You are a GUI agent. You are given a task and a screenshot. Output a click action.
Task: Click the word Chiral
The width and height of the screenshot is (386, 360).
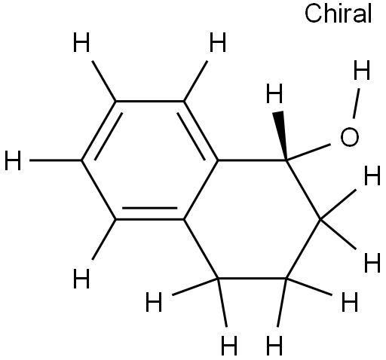[338, 14]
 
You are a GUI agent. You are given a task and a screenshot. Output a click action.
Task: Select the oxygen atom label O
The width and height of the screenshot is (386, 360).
[350, 137]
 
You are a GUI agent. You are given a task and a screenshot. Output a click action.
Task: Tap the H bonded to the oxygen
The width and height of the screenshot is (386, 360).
[362, 70]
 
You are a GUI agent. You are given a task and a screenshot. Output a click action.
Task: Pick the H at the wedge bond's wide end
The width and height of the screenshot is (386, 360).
[274, 93]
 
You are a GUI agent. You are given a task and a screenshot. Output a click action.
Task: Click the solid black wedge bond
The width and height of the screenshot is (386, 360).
[281, 136]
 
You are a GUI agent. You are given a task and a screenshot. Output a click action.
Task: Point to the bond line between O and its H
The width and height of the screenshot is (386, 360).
[357, 103]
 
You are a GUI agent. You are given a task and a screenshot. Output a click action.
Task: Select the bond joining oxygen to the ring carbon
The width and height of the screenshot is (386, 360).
[308, 152]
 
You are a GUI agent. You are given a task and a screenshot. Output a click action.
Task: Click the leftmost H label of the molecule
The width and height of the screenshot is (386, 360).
[13, 160]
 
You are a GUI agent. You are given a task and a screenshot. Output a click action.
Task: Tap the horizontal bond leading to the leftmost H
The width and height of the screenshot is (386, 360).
[56, 160]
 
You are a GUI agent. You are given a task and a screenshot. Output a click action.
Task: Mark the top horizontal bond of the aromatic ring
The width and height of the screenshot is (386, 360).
[150, 102]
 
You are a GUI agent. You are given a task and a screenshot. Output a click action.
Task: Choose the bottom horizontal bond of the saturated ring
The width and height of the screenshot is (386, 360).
[253, 278]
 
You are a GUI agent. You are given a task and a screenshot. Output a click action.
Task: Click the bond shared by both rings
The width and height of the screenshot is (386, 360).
[201, 190]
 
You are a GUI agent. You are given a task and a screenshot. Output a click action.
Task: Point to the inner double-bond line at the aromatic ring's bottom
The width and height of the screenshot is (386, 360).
[150, 208]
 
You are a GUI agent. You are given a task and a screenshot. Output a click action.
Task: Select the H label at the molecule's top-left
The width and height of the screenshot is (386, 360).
[81, 42]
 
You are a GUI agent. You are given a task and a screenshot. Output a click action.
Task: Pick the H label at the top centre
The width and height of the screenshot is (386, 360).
[218, 42]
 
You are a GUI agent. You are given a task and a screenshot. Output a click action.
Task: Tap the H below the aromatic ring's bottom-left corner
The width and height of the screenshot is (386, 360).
[81, 279]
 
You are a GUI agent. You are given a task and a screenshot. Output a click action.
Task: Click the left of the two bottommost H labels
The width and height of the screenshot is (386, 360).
[229, 346]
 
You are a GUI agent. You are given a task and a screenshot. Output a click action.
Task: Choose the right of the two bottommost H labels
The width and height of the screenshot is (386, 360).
[274, 346]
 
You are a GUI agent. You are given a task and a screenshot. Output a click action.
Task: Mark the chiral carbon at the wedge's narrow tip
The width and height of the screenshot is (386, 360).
[286, 160]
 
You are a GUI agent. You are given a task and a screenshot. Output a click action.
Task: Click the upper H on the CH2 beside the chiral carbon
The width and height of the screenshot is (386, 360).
[372, 175]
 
